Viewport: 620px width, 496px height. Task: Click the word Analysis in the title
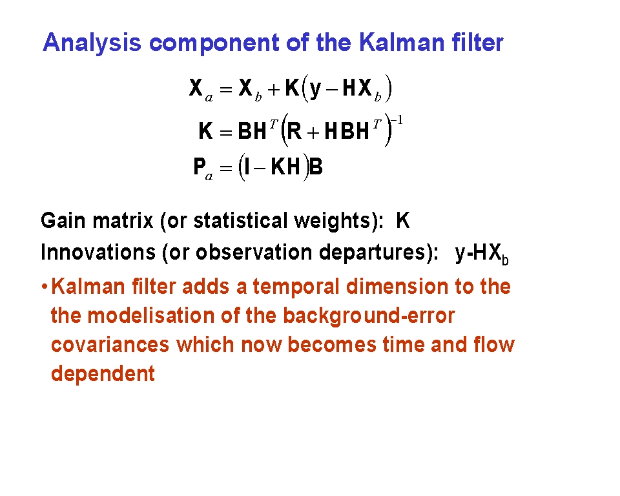click(92, 43)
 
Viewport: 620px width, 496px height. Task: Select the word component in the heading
click(214, 43)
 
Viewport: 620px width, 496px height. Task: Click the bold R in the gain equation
click(294, 130)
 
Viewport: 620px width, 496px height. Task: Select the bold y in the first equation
click(315, 89)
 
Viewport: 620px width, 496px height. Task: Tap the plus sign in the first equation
click(274, 90)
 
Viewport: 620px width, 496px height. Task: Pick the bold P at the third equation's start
click(200, 166)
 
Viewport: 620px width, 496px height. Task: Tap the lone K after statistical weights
click(403, 220)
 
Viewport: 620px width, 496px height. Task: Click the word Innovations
click(98, 252)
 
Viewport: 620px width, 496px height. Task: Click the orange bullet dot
click(45, 286)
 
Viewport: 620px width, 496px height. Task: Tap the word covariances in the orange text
click(110, 344)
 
